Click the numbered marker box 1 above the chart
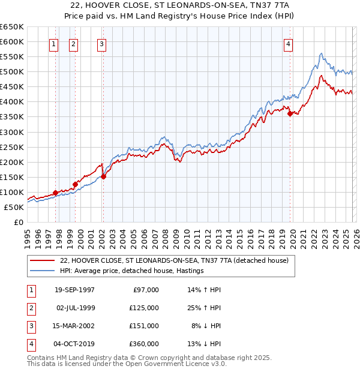(x=54, y=43)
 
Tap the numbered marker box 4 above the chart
(x=289, y=43)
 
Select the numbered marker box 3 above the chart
(x=101, y=43)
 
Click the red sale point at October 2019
(x=290, y=113)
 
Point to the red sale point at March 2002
(x=103, y=176)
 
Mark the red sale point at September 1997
(x=56, y=193)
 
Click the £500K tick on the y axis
(x=12, y=72)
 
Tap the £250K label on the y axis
(x=12, y=147)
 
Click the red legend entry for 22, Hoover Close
(x=174, y=260)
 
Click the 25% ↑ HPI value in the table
(x=204, y=308)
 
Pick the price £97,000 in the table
(x=144, y=290)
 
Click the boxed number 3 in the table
(x=30, y=326)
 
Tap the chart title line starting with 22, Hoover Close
(x=179, y=5)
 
